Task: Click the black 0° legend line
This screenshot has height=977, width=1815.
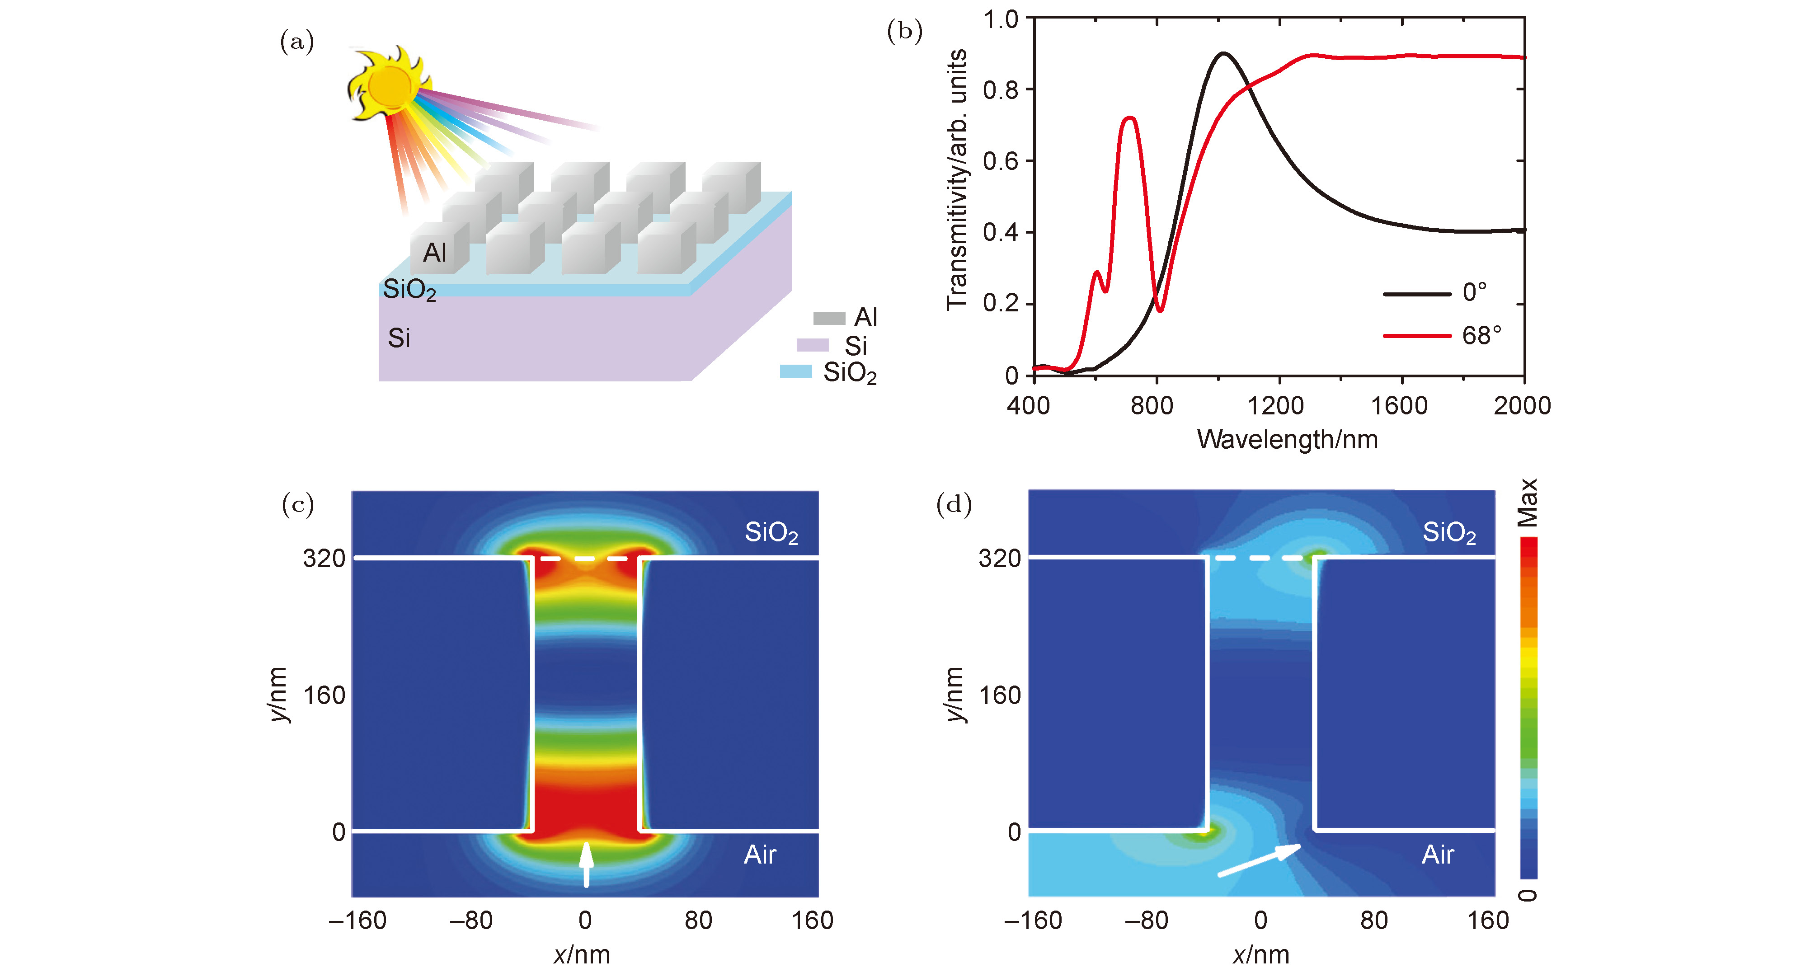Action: (x=1416, y=293)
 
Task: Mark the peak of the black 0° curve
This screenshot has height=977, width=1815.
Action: (x=1224, y=53)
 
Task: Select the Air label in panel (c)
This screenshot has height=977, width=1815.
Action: (x=760, y=855)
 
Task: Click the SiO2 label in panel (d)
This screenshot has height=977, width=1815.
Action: (x=1448, y=532)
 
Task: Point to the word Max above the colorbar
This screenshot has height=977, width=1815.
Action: (x=1528, y=503)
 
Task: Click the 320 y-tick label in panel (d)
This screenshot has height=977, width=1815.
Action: (x=999, y=559)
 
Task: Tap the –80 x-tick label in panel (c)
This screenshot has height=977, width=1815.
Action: (x=470, y=921)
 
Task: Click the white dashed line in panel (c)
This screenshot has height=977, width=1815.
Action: (x=585, y=559)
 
